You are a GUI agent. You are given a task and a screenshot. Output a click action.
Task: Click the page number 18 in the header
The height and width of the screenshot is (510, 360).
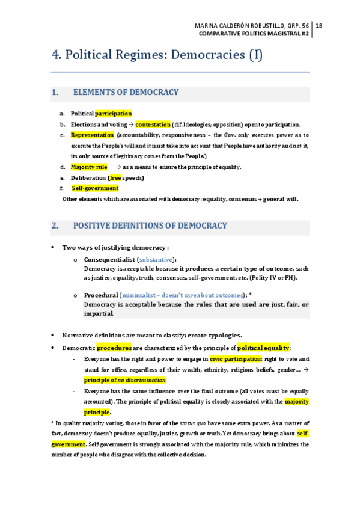click(319, 25)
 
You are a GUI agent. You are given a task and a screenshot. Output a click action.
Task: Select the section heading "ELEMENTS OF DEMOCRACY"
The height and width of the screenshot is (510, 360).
click(126, 93)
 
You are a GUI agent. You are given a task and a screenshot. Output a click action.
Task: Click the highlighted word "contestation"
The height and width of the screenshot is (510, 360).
click(153, 124)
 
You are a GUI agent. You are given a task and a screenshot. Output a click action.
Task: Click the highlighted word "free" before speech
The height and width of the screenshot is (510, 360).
click(115, 177)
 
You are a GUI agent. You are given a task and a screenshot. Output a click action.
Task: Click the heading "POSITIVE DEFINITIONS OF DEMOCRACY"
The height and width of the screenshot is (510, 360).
click(150, 226)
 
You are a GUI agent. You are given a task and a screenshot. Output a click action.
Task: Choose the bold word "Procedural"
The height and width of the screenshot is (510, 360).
click(100, 295)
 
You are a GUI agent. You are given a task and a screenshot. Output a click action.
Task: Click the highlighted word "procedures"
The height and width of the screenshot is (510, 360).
click(114, 348)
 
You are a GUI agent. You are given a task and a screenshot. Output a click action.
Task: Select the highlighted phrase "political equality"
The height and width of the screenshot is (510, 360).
click(263, 348)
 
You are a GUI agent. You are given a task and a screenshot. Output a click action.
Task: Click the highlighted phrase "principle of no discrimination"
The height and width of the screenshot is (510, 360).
click(125, 380)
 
